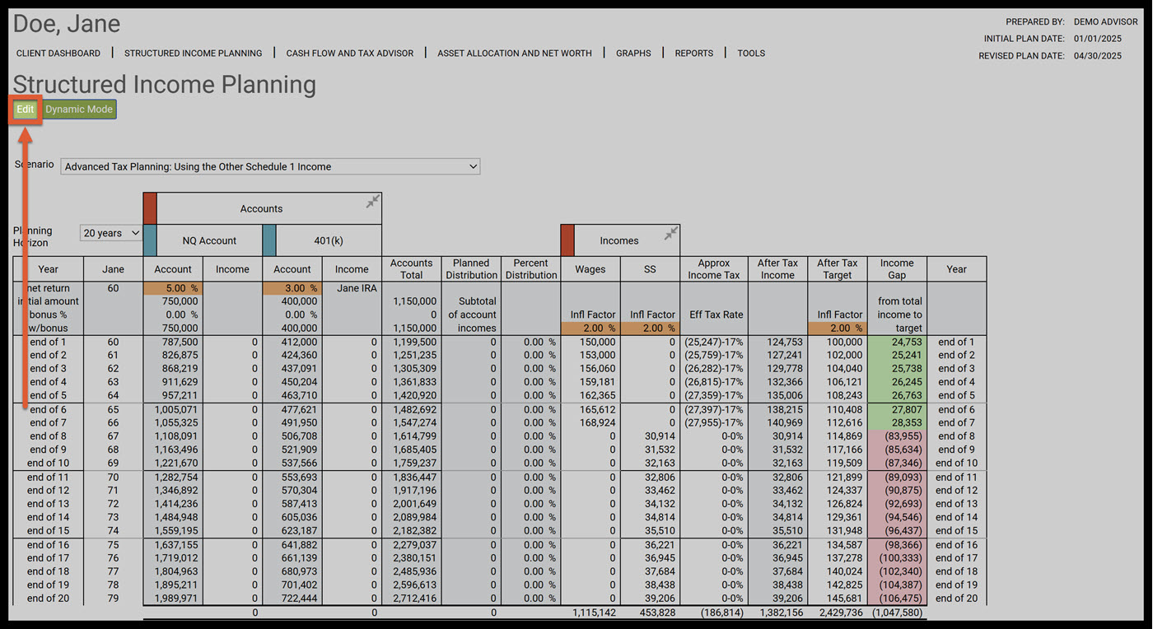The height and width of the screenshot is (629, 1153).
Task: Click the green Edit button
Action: tap(26, 109)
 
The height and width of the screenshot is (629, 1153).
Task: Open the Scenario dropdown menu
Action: tap(270, 166)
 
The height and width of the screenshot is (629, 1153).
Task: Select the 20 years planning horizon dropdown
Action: tap(111, 234)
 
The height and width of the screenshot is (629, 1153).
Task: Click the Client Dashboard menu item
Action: tap(58, 54)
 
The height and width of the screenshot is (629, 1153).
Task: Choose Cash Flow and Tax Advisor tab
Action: tap(350, 54)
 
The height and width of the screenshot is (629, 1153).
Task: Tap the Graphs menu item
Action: tap(633, 54)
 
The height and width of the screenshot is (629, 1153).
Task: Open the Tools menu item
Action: tap(751, 54)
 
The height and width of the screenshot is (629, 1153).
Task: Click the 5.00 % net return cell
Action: tap(173, 289)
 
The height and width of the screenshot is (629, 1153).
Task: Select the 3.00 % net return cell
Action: tap(292, 289)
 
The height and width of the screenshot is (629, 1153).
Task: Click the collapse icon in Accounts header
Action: tap(373, 202)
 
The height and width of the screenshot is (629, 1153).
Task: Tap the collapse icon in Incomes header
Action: tap(671, 235)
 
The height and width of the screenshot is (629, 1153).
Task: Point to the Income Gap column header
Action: tap(897, 269)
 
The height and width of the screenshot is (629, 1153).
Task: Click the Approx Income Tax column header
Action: tap(714, 269)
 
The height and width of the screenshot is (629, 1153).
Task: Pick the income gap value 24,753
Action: tap(897, 342)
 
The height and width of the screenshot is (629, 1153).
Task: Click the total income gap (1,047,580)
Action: tap(897, 613)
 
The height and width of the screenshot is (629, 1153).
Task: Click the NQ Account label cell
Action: tap(209, 241)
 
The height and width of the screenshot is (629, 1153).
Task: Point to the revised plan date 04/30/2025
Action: tap(1098, 56)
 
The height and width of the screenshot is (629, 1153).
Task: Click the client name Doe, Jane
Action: tap(67, 25)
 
